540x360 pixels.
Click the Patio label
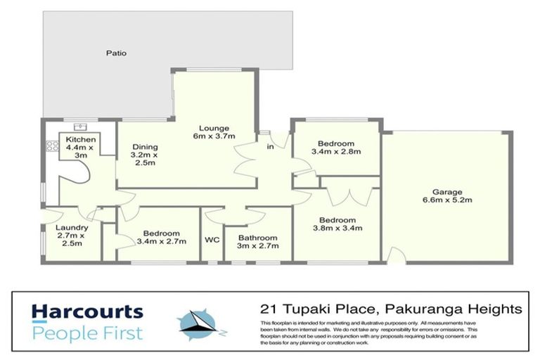117,52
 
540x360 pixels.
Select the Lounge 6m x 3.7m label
215,132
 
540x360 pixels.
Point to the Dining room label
145,155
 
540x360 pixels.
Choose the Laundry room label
71,236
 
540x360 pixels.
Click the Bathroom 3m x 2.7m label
257,242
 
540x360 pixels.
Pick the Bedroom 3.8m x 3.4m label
338,224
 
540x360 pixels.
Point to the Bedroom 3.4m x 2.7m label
162,237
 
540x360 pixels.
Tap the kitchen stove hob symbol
51,148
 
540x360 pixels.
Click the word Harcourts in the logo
86,311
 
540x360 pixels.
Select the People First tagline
86,332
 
